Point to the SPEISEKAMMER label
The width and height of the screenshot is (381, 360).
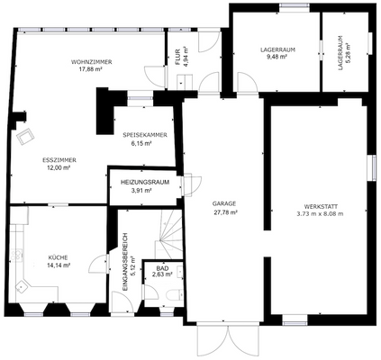coord(144,135)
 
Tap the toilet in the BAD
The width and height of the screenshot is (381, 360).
coord(179,293)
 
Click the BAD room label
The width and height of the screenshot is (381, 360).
coord(162,268)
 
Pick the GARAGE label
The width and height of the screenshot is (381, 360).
coord(224,204)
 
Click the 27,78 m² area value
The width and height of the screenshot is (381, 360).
coord(224,212)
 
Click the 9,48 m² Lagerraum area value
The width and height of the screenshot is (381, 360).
coord(277,57)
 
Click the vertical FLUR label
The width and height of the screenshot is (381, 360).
coord(177,57)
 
